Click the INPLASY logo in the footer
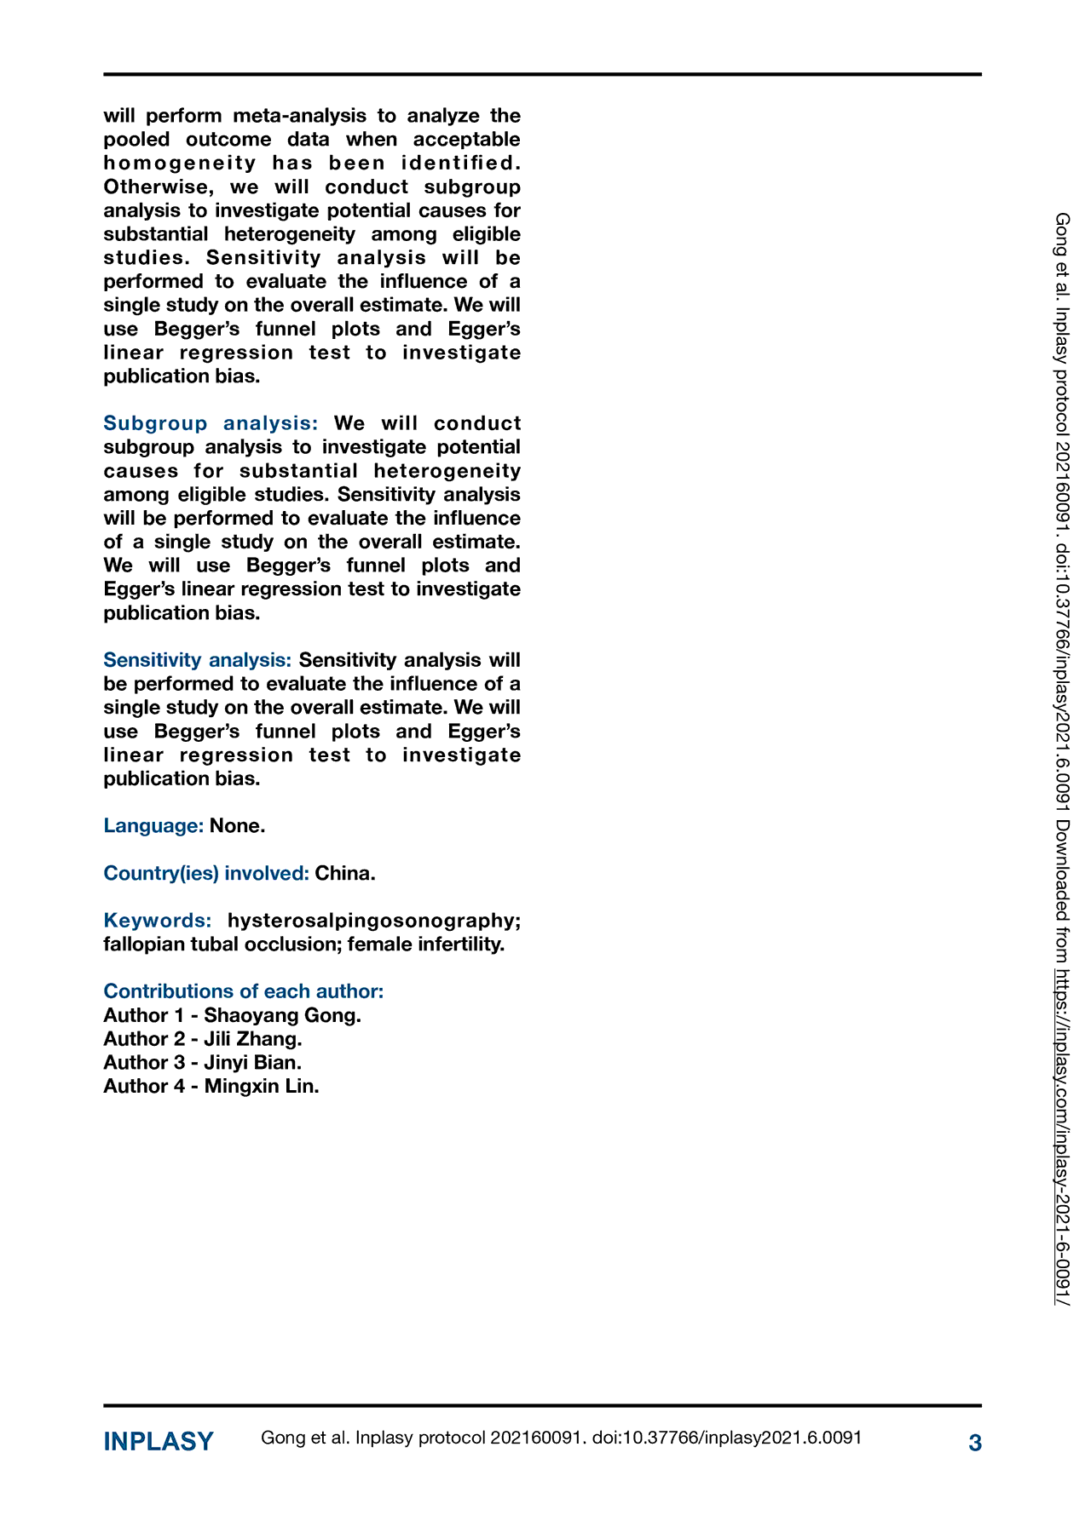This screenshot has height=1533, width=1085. pos(159,1442)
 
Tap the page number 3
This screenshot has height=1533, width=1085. pos(975,1443)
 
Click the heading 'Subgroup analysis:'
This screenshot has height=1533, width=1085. pos(211,423)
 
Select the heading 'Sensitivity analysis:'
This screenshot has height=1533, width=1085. pos(197,660)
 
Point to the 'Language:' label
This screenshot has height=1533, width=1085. pos(153,825)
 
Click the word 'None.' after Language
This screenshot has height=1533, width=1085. pos(238,825)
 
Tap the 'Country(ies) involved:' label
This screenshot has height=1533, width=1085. pos(205,873)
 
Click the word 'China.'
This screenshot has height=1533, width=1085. pos(345,873)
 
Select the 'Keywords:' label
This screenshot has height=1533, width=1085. pos(158,921)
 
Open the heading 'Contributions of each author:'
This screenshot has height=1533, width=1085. pos(244,991)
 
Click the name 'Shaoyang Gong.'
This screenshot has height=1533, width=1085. pos(282,1015)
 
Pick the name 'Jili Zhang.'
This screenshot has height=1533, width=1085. pos(253,1039)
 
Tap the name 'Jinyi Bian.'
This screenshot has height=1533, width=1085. pos(252,1063)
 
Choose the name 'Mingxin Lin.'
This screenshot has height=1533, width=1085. pos(262,1086)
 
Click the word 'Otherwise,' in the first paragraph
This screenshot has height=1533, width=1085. pos(156,187)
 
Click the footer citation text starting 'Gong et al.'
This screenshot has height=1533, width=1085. pos(561,1438)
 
